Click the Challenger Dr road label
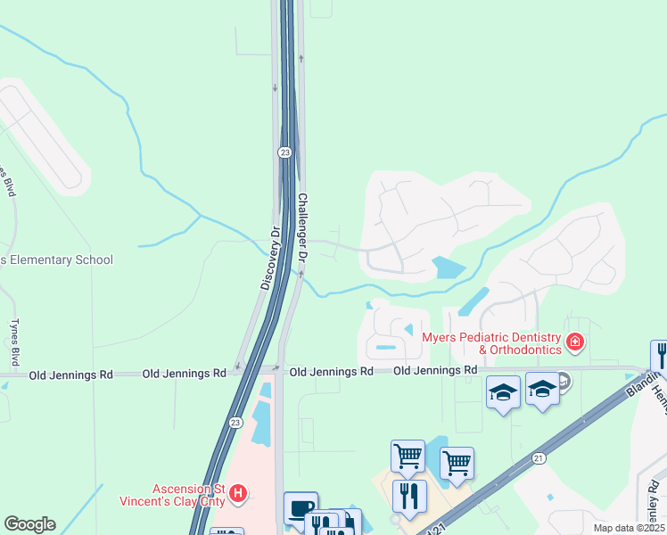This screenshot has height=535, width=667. point(303,227)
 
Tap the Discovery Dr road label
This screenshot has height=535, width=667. point(271,257)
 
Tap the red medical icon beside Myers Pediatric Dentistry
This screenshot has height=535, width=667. point(575,342)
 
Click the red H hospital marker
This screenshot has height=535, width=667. point(237,492)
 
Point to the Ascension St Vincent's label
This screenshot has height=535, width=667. point(174,495)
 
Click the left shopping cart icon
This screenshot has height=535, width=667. point(408,456)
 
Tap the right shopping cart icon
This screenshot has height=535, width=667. point(457,463)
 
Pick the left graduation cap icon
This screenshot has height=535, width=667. point(503,391)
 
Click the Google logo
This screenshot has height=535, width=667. point(29,524)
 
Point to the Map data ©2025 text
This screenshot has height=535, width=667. point(629,528)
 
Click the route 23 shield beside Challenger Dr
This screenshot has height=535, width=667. point(283,152)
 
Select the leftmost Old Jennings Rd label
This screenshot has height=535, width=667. point(71,375)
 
